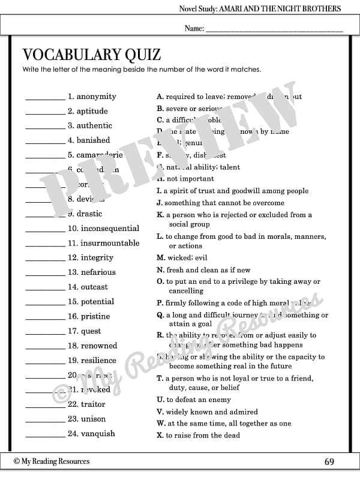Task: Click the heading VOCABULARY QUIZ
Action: [x=92, y=55]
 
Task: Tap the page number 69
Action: [x=329, y=461]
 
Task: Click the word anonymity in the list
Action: [x=96, y=97]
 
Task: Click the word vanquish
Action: [x=99, y=434]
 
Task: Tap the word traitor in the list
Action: [x=93, y=404]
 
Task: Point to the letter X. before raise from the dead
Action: [x=160, y=435]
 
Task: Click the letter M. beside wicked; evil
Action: [x=161, y=258]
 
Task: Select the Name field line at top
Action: [x=274, y=29]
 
